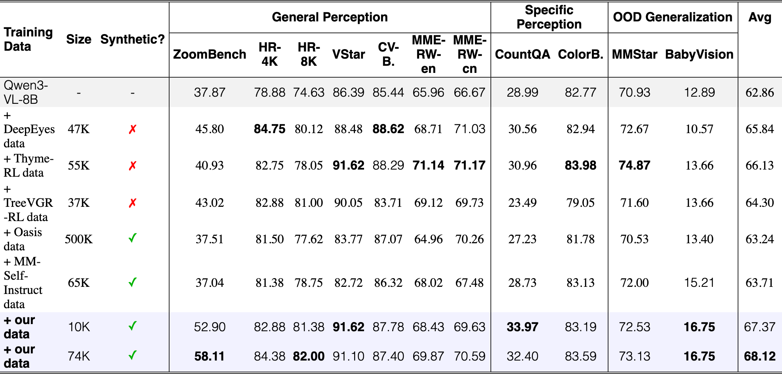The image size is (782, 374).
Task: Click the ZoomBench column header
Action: [x=210, y=54]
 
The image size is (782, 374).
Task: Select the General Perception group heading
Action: [x=330, y=17]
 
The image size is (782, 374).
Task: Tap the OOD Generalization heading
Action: [x=673, y=17]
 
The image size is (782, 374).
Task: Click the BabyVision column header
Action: [x=699, y=54]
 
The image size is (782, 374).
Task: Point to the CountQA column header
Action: [x=523, y=54]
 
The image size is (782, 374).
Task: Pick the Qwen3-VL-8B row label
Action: [x=26, y=92]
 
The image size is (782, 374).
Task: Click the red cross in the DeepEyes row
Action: [x=132, y=129]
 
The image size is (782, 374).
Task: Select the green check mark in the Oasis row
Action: [x=132, y=238]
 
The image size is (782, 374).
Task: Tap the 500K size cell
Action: [x=79, y=239]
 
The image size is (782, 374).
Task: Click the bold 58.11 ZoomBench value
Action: [x=210, y=356]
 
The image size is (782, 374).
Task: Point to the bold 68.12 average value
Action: [x=759, y=356]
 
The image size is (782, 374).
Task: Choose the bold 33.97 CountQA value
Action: [x=523, y=327]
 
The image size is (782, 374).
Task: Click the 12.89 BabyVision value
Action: [x=699, y=92]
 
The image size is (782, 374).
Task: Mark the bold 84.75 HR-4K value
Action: [x=269, y=129]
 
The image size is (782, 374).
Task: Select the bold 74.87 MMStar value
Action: [x=634, y=165]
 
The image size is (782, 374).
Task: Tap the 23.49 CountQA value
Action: [x=523, y=203]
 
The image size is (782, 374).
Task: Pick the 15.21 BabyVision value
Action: [x=699, y=283]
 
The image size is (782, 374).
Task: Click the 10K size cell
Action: [x=79, y=327]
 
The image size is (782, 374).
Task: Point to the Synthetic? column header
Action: [x=132, y=39]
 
